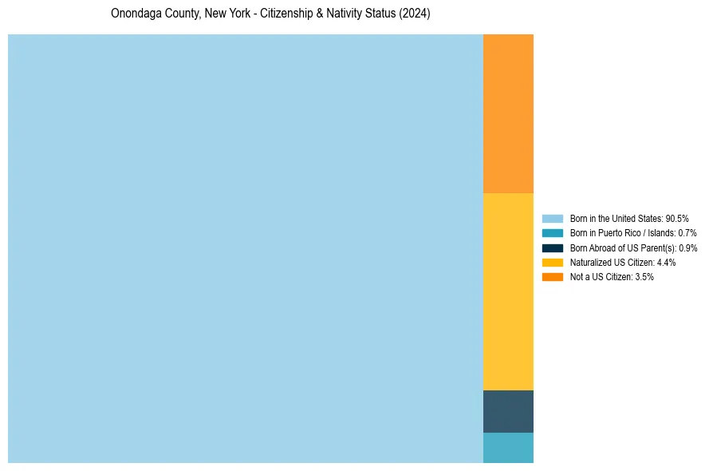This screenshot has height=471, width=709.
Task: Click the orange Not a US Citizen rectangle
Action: pos(508,113)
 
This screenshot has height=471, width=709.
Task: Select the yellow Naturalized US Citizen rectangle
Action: pos(508,291)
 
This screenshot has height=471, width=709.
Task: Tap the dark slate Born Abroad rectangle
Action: pos(508,411)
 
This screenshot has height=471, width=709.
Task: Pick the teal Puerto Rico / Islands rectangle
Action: pos(508,448)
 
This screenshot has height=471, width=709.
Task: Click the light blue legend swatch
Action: pos(553,218)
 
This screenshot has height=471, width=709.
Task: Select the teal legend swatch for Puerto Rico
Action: pos(553,233)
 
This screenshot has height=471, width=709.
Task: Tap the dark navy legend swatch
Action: pos(553,247)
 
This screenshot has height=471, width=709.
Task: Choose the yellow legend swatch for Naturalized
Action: pos(553,262)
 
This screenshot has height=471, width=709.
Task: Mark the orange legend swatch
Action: pos(553,277)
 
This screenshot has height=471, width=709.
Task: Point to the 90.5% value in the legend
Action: pos(677,218)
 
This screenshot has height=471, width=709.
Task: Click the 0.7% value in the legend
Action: pos(687,233)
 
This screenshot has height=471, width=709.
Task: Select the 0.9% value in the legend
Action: pos(687,247)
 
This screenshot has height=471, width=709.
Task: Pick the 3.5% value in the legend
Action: pos(644,277)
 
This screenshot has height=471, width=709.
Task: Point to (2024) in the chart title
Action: pos(415,14)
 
